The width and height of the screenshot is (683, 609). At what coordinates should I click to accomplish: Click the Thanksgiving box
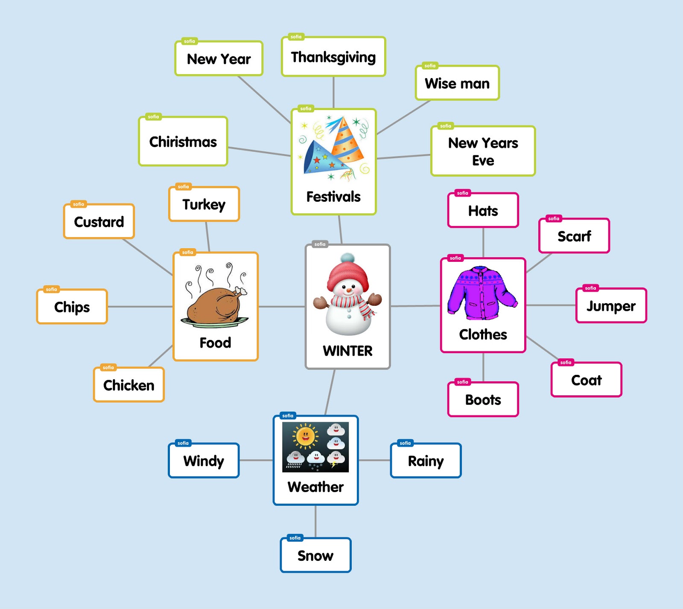[x=333, y=57]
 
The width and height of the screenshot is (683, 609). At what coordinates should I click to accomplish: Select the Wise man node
[x=457, y=84]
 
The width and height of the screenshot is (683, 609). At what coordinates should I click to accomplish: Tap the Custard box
[x=99, y=222]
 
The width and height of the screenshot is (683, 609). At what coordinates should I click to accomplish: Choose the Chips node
[x=72, y=307]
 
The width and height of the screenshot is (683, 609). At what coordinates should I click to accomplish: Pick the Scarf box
[x=574, y=236]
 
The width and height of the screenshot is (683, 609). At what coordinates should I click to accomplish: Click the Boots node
[x=483, y=400]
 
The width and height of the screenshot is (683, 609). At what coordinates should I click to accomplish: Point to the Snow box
[x=315, y=555]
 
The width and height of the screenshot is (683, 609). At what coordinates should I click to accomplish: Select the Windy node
[x=204, y=461]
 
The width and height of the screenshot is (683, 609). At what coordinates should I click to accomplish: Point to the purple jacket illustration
[x=482, y=293]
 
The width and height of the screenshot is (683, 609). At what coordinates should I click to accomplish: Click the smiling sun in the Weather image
[x=305, y=436]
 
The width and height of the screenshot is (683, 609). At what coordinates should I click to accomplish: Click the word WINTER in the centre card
[x=347, y=351]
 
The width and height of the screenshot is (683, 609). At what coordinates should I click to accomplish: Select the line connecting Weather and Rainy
[x=374, y=461]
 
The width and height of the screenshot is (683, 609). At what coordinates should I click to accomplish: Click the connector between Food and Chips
[x=140, y=307]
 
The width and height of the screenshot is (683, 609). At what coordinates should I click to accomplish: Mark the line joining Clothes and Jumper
[x=551, y=305]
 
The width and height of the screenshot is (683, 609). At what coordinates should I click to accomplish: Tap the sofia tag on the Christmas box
[x=153, y=117]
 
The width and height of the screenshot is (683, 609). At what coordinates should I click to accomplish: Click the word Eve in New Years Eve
[x=483, y=160]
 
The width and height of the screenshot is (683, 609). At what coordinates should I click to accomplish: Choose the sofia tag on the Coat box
[x=566, y=362]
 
